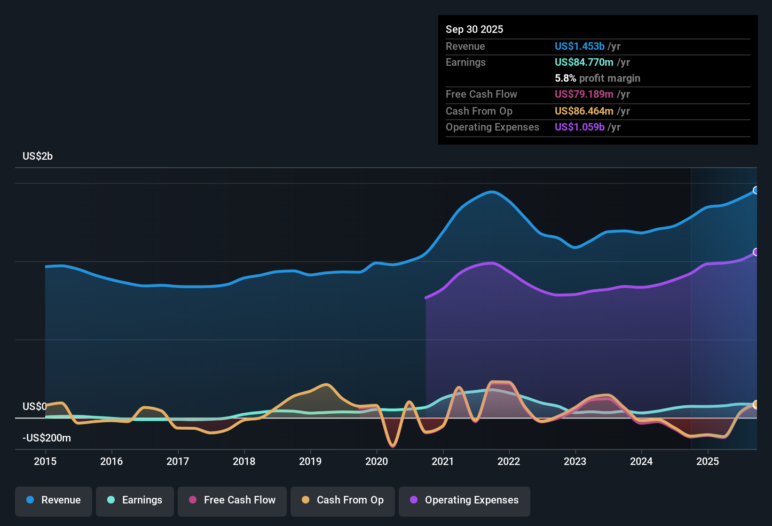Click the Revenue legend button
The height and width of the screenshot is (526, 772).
[54, 500]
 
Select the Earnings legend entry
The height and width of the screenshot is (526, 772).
[135, 500]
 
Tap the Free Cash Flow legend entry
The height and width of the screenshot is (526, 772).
[232, 500]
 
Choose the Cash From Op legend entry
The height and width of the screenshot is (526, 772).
[343, 500]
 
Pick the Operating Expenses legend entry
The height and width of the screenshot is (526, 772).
[465, 500]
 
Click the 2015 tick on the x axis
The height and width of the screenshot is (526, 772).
[45, 461]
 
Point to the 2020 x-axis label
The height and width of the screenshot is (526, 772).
[377, 461]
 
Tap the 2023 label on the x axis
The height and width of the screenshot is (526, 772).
[575, 461]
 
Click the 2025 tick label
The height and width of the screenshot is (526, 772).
[708, 461]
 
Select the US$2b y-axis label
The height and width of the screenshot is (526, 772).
[38, 156]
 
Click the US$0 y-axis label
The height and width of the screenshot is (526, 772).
[35, 406]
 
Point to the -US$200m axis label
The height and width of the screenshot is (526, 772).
[47, 438]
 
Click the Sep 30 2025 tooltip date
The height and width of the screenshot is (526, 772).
[474, 29]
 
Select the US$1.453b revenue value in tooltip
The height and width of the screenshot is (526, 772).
[579, 46]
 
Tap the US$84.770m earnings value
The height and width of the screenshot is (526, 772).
[583, 62]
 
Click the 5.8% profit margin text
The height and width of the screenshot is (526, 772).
[597, 78]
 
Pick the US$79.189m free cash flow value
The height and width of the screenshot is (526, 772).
[583, 94]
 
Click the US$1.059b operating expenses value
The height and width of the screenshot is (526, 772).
[579, 127]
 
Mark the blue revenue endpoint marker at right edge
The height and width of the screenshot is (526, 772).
[756, 190]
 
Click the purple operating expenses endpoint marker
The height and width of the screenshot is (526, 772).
[756, 252]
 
